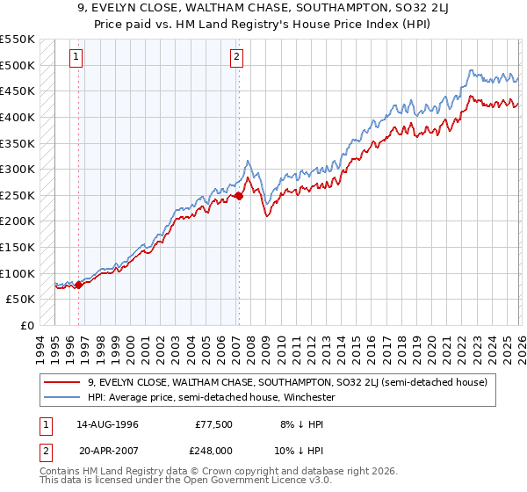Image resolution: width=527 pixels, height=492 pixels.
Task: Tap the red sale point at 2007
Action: coord(239,197)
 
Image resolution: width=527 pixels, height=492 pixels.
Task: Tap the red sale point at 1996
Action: coord(79,284)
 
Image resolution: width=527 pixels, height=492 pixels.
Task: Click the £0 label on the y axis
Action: coord(27,325)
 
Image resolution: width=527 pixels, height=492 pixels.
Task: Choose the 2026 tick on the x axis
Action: coord(519,347)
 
